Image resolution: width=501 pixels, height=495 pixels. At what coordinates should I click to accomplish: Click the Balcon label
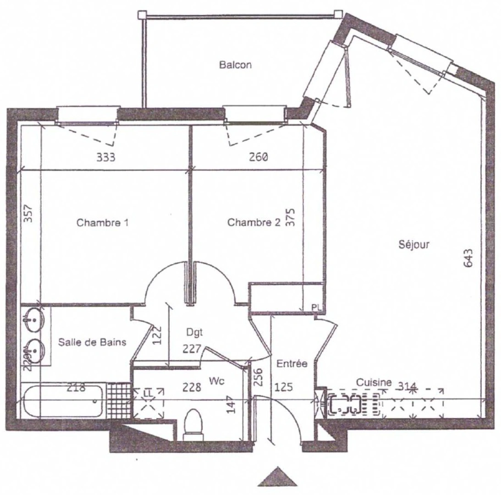click(x=235, y=65)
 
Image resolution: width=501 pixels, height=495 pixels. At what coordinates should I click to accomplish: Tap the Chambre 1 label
click(x=102, y=223)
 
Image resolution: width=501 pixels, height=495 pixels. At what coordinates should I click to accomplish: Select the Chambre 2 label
click(x=253, y=223)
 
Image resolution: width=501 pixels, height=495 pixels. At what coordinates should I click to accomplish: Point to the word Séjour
click(x=414, y=245)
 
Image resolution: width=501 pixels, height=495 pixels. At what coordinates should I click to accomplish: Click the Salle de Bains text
click(x=92, y=342)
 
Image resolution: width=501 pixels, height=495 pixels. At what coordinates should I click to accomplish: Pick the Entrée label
click(x=292, y=363)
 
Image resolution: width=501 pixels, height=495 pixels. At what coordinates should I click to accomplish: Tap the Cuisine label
click(x=374, y=382)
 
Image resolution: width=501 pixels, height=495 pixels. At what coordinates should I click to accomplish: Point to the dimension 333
click(x=105, y=158)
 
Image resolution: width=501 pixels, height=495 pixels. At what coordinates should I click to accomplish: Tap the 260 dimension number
click(x=259, y=158)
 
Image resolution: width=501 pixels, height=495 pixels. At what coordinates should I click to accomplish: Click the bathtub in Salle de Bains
click(x=63, y=401)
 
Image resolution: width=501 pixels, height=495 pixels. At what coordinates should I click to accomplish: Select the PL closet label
click(x=317, y=307)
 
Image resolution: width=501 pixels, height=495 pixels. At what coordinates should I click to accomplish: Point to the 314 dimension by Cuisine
click(x=407, y=385)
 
